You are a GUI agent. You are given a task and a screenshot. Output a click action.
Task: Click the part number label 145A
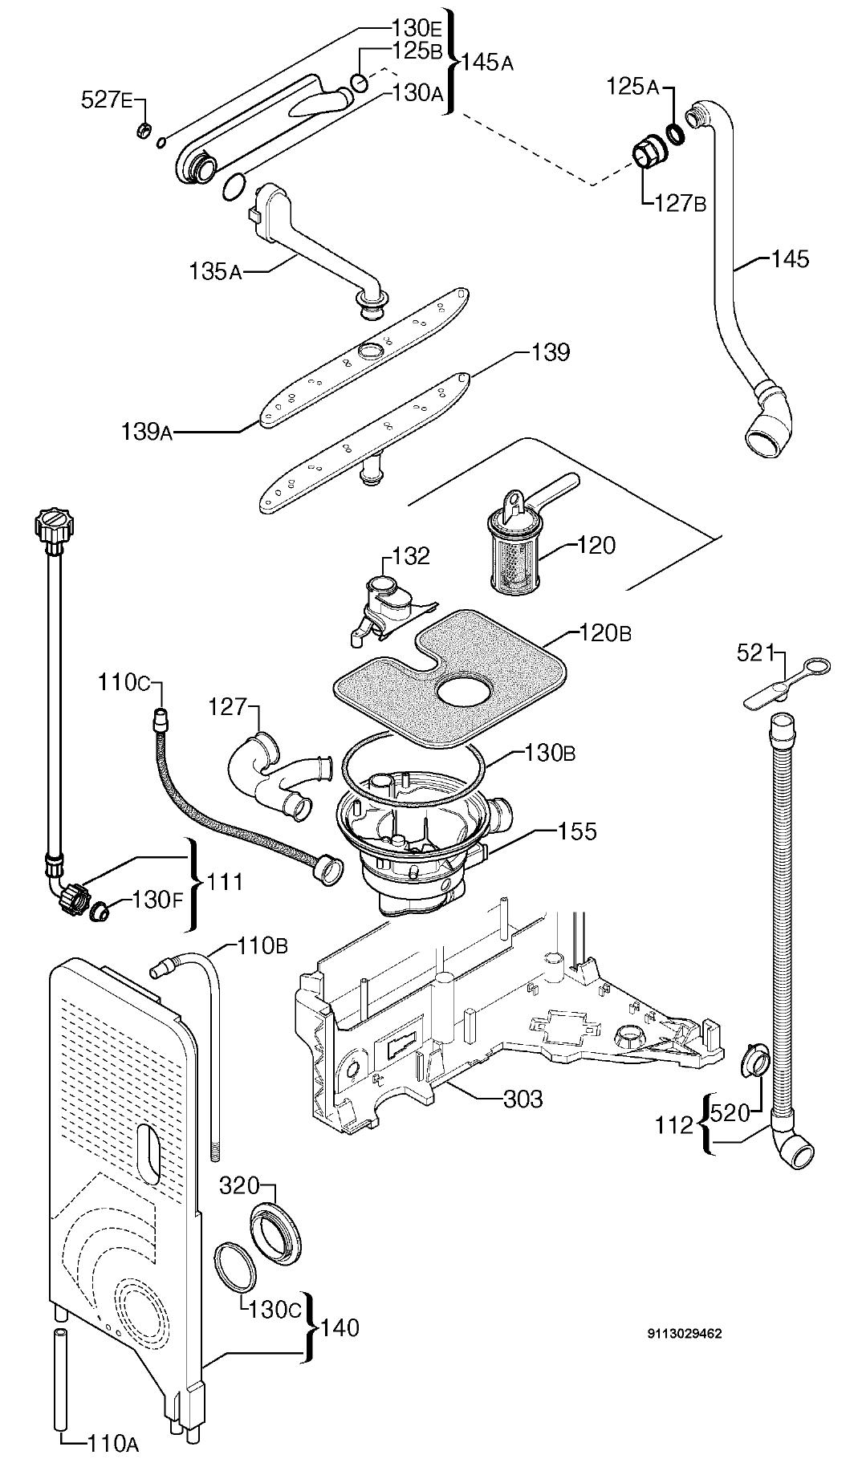click(487, 62)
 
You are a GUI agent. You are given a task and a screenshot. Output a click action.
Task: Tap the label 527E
click(108, 100)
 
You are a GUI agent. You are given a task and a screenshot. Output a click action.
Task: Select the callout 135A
click(215, 271)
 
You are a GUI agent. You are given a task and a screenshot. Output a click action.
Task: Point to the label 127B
click(680, 204)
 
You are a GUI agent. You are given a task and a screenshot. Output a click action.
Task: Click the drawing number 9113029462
click(685, 1334)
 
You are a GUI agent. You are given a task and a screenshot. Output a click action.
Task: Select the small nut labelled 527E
click(144, 129)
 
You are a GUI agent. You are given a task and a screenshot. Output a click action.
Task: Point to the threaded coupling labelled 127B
click(648, 152)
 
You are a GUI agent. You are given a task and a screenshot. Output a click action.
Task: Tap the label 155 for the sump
click(578, 831)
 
